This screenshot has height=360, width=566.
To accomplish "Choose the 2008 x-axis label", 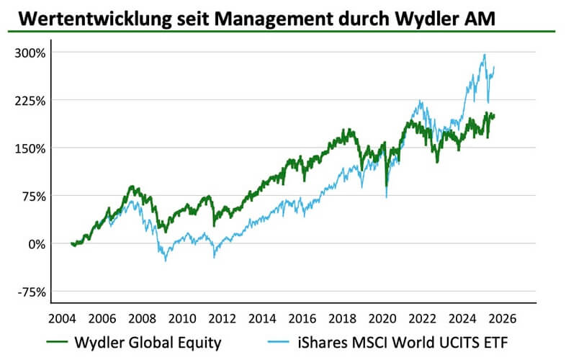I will click(x=141, y=318).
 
